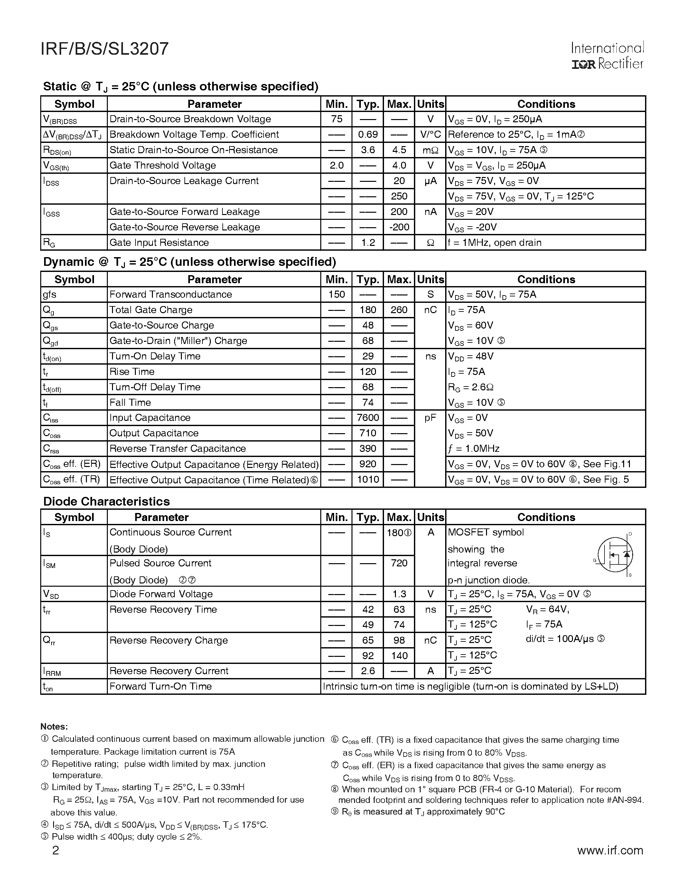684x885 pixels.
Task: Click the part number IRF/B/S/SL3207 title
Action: tap(105, 49)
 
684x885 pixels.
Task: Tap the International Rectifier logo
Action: tap(607, 56)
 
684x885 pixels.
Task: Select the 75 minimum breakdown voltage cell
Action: tap(336, 119)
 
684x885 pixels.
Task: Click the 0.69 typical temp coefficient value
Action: tap(368, 135)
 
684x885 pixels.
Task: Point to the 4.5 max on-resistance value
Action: tap(399, 150)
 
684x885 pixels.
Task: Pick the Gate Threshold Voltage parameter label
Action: tap(163, 165)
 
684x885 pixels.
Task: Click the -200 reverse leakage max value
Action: tap(399, 227)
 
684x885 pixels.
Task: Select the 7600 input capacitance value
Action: tap(368, 418)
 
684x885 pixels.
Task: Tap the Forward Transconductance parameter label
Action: tap(171, 294)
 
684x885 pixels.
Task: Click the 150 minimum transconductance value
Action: tap(336, 294)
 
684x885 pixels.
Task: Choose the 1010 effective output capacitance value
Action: tap(368, 480)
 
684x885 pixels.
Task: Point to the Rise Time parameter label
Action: tap(132, 372)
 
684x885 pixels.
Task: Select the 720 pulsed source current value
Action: tap(399, 563)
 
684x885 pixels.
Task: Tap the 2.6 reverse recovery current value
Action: tap(368, 671)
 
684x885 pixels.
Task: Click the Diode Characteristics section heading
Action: tap(106, 502)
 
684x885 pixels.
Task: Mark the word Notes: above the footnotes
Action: tap(54, 727)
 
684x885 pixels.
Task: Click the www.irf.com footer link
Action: tap(610, 850)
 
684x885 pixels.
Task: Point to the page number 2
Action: tap(55, 850)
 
